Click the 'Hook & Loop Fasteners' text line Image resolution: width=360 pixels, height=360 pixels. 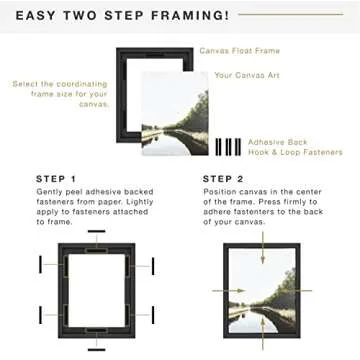296,153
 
